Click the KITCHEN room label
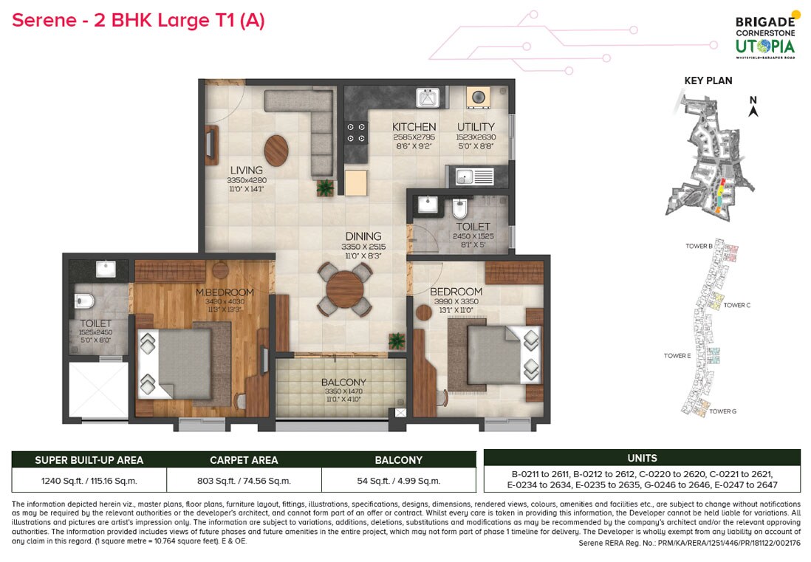pyautogui.click(x=414, y=127)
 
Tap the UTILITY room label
pyautogui.click(x=476, y=127)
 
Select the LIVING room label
pyautogui.click(x=246, y=171)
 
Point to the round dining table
pyautogui.click(x=344, y=285)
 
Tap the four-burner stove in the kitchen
pyautogui.click(x=356, y=132)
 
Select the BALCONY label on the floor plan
pyautogui.click(x=343, y=383)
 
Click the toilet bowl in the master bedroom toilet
pyautogui.click(x=83, y=301)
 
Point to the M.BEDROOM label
pyautogui.click(x=225, y=292)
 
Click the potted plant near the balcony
pyautogui.click(x=397, y=340)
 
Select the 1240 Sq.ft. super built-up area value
pyautogui.click(x=89, y=480)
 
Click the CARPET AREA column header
pyautogui.click(x=244, y=460)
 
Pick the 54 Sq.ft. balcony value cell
pyautogui.click(x=398, y=480)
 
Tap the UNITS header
pyautogui.click(x=641, y=458)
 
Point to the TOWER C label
pyautogui.click(x=736, y=305)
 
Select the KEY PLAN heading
pyautogui.click(x=708, y=80)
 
